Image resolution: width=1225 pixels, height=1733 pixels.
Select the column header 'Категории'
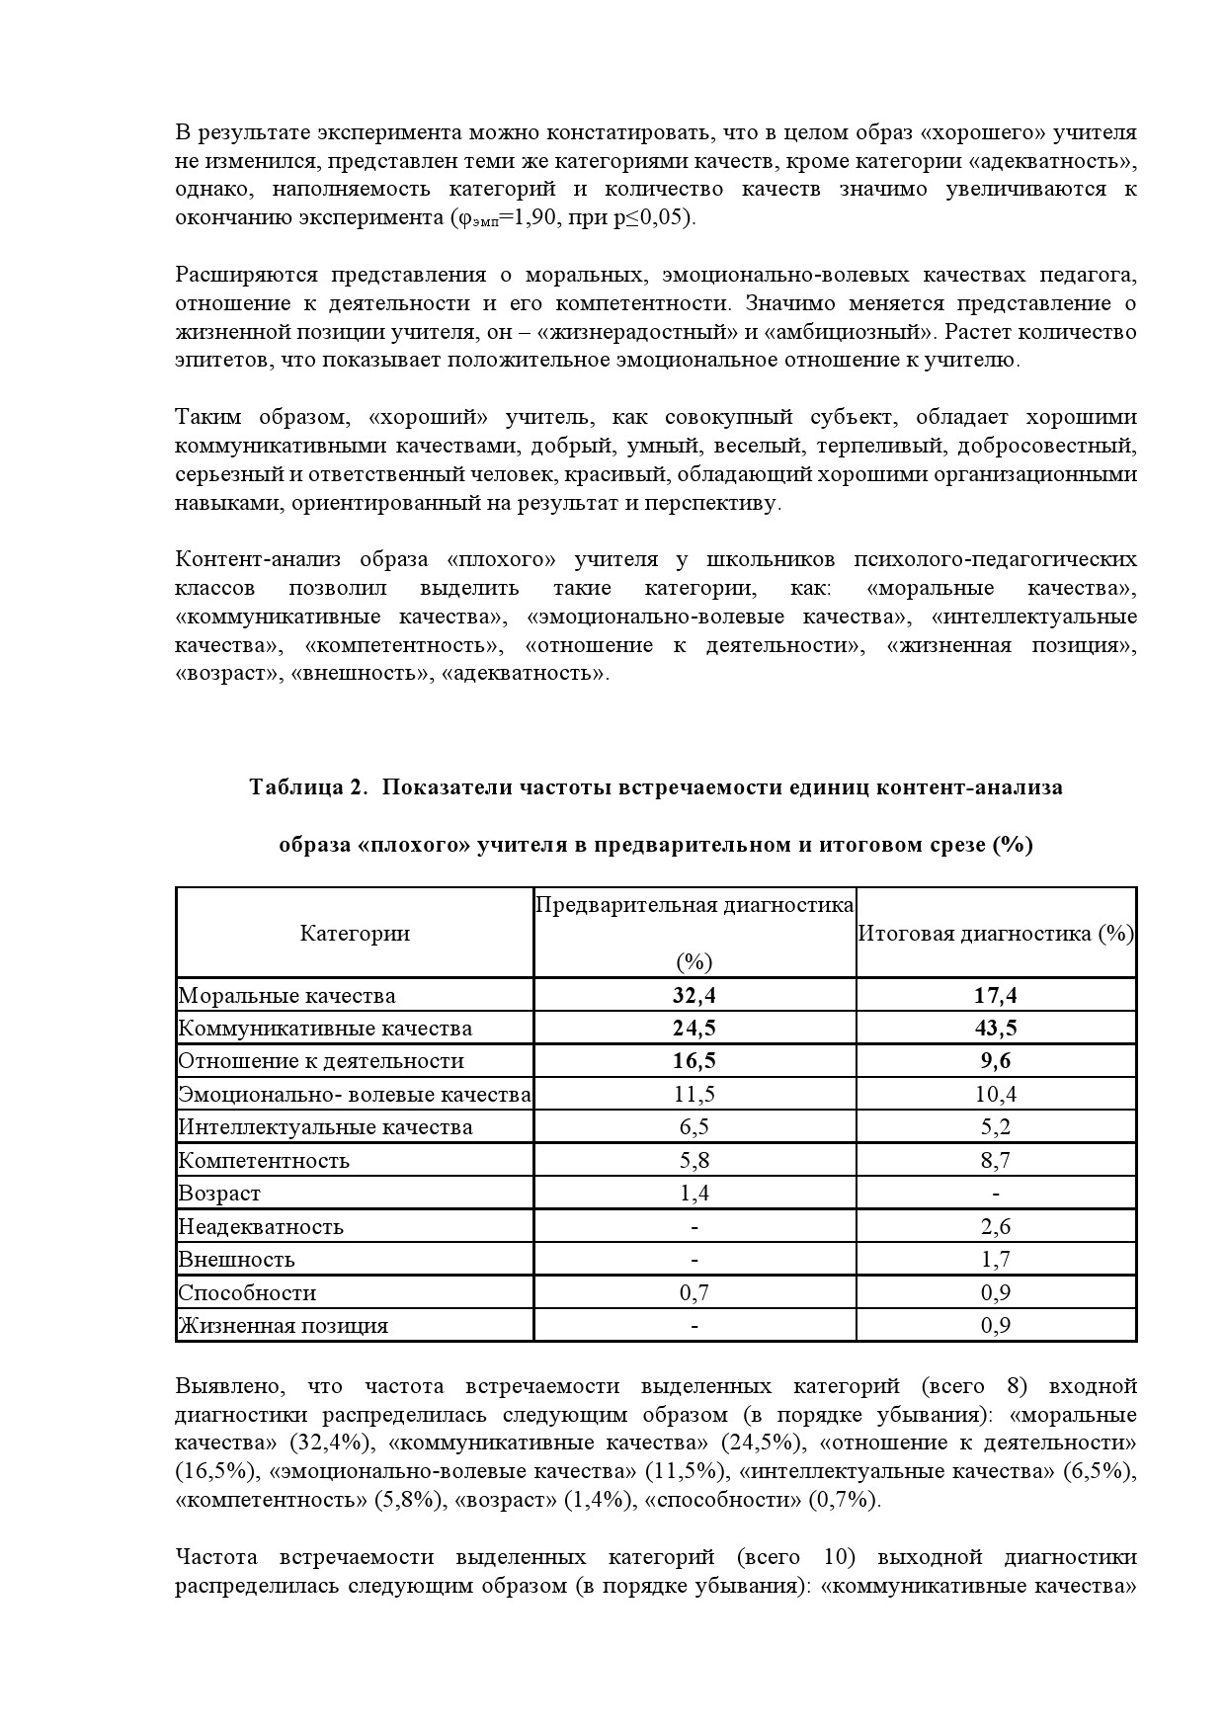[355, 934]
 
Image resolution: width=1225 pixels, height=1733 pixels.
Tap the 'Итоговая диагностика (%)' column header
[996, 934]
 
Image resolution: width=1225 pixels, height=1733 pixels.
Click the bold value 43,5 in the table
[996, 1029]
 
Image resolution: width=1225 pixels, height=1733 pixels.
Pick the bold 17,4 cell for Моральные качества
[996, 996]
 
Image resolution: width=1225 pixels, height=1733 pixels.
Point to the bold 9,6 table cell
[996, 1061]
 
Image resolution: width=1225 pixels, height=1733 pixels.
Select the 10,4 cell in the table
[996, 1095]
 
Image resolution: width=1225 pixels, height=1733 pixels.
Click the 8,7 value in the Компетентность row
[996, 1161]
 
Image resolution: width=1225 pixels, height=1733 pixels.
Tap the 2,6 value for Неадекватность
[996, 1227]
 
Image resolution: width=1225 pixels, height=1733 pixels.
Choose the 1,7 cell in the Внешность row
[996, 1260]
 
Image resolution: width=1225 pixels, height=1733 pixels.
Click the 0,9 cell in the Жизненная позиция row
[996, 1326]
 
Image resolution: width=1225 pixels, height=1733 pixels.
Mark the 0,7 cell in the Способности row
[694, 1293]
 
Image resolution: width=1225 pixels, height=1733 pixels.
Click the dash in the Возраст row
[996, 1194]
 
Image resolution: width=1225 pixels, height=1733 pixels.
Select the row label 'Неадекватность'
[261, 1227]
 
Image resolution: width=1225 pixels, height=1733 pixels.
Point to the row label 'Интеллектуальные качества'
[325, 1127]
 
